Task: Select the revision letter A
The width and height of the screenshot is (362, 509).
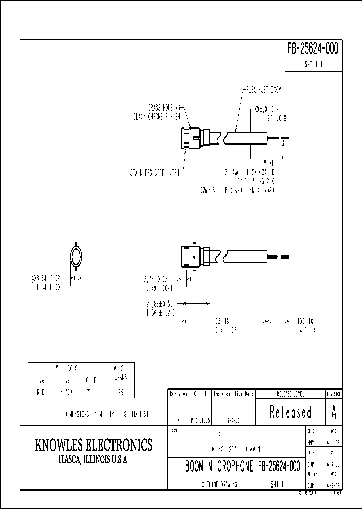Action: pos(334,412)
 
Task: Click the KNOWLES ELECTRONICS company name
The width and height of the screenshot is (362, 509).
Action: pos(94,445)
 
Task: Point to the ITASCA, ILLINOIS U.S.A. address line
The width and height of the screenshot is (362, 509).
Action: pos(94,460)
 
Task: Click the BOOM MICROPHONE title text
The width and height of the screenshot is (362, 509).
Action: pos(219,466)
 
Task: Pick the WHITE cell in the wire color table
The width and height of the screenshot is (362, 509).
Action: pos(93,392)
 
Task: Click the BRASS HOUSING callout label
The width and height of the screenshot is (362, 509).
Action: pos(165,108)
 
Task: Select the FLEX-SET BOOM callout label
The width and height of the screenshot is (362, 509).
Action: pos(263,89)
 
